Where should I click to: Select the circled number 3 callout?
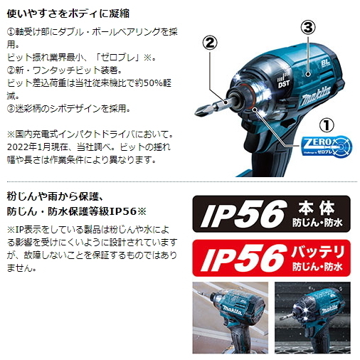(x=307, y=28)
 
